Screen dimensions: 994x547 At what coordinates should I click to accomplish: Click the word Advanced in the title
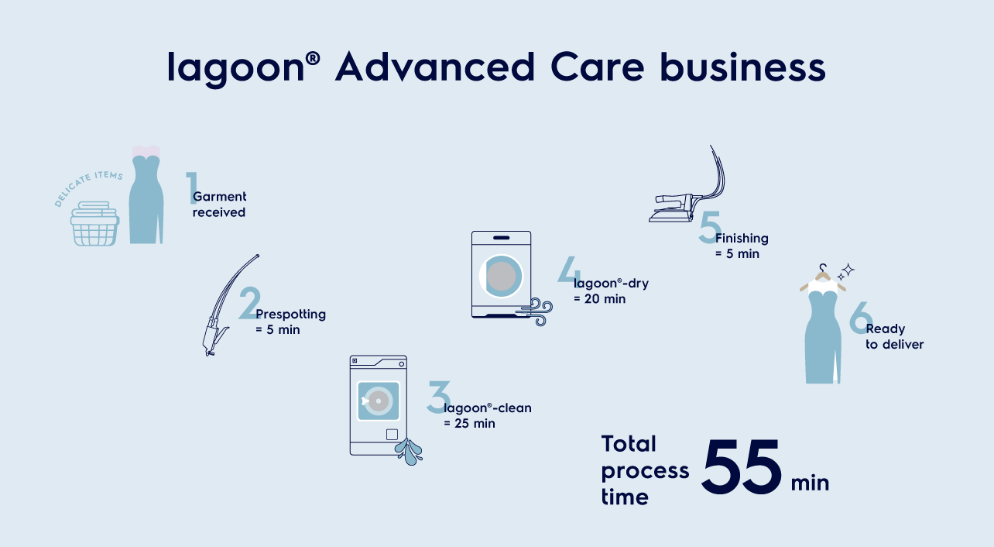(x=435, y=67)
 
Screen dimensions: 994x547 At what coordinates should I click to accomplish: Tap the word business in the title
(x=742, y=67)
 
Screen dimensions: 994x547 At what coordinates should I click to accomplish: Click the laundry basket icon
(x=94, y=224)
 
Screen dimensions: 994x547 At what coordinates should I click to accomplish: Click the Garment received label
(x=219, y=205)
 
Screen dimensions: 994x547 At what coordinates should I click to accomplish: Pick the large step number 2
(x=250, y=303)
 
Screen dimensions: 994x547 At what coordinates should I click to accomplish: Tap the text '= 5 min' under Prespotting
(x=278, y=330)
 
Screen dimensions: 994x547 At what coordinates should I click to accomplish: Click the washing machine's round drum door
(x=378, y=401)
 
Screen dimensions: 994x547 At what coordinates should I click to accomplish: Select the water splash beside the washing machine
(x=409, y=452)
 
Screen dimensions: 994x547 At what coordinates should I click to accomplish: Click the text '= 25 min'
(x=469, y=424)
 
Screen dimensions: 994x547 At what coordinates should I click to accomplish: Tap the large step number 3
(x=438, y=397)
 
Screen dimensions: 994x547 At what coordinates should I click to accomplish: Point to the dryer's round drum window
(x=501, y=276)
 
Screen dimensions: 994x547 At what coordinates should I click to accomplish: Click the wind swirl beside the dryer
(x=536, y=311)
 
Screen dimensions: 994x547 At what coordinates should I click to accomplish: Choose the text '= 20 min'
(x=599, y=299)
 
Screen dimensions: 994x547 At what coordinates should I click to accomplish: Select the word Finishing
(x=742, y=239)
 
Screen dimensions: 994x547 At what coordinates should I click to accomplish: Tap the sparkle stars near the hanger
(x=845, y=272)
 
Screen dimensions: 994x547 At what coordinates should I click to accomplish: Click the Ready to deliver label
(x=895, y=336)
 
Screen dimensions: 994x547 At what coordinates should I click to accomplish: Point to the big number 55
(x=741, y=466)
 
